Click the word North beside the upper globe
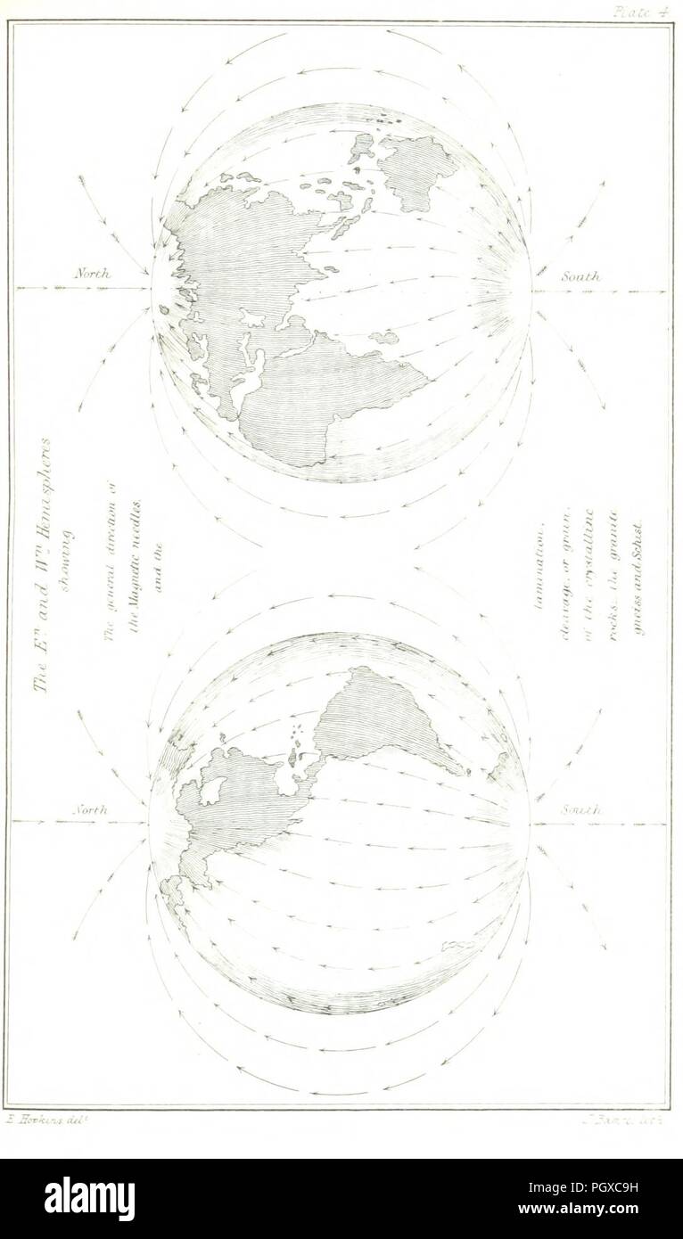(91, 275)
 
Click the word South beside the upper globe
(582, 277)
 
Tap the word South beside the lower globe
(582, 811)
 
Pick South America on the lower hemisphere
(383, 713)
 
